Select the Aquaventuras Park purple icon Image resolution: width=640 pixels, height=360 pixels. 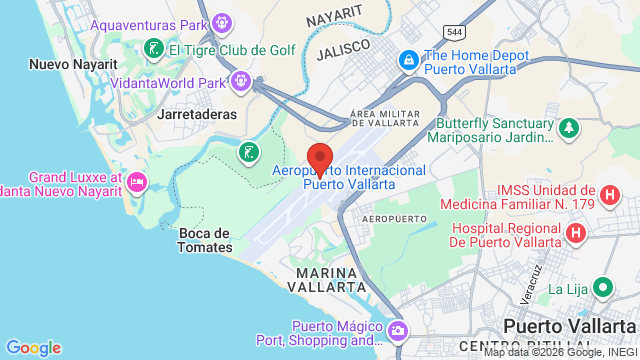(222, 22)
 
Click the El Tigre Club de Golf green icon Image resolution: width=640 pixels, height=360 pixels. (153, 48)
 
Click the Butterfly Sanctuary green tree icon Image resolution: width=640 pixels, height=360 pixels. (568, 128)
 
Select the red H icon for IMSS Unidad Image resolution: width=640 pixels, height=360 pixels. (609, 194)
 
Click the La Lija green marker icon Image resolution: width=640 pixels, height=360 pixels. (602, 288)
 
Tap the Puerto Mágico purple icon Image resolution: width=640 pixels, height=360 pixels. (398, 331)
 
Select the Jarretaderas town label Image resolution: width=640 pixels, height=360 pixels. (197, 114)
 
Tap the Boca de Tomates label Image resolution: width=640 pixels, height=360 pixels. (205, 240)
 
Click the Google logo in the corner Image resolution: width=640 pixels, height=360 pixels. (33, 347)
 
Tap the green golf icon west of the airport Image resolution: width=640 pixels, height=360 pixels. (247, 153)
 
